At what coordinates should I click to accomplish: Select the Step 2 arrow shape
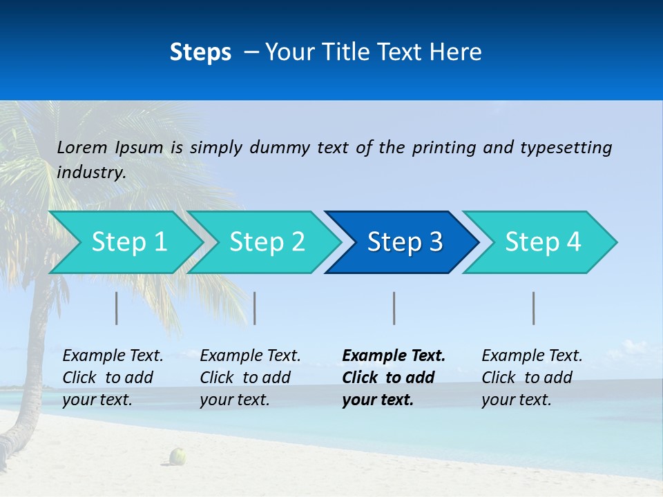(267, 242)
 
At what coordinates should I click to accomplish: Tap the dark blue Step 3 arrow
(405, 242)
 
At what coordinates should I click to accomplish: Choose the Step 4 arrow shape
(543, 242)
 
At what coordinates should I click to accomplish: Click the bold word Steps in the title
(200, 52)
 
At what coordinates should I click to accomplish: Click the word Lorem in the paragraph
(81, 147)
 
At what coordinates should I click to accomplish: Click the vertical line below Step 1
(117, 308)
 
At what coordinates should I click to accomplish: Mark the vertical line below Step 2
(255, 308)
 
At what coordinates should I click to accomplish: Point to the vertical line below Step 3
(394, 308)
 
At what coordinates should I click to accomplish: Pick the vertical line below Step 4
(534, 308)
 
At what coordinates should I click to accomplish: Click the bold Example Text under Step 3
(394, 356)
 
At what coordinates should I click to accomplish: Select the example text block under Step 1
(113, 378)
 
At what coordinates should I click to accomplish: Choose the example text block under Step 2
(250, 378)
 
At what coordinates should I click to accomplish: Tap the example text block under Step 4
(532, 378)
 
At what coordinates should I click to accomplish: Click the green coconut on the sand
(178, 456)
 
